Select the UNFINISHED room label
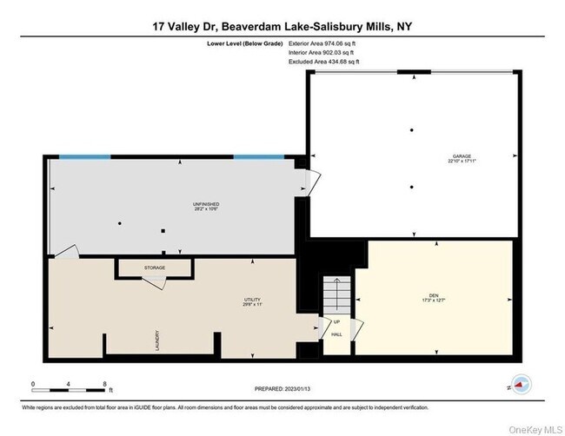point(206,204)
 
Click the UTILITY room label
point(252,300)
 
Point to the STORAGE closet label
point(155,268)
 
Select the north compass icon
point(522,383)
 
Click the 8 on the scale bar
point(104,383)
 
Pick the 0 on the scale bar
point(32,383)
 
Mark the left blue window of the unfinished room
point(84,157)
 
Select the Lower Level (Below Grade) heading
point(244,42)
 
